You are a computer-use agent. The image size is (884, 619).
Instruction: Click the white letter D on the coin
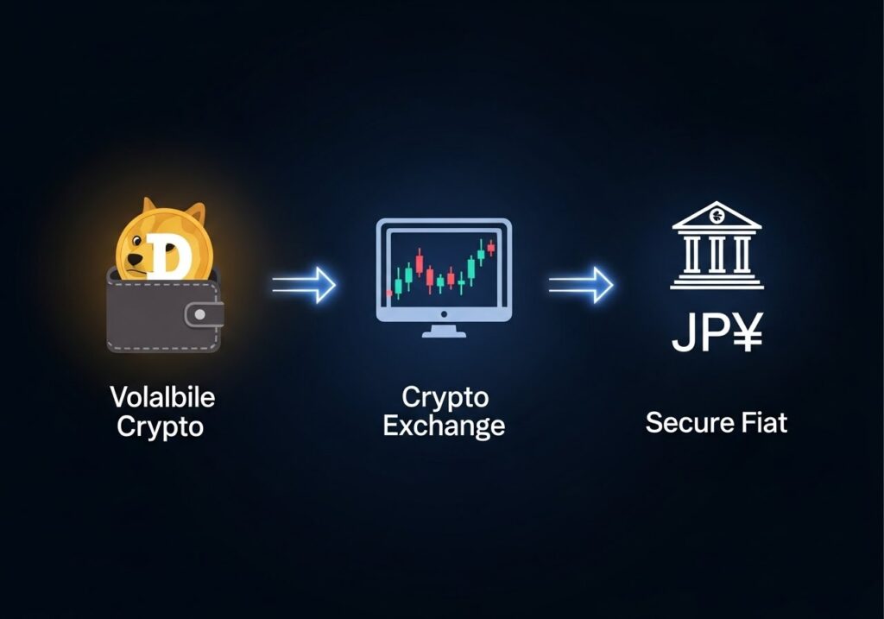pyautogui.click(x=167, y=256)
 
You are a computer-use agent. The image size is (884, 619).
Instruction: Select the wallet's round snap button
pyautogui.click(x=199, y=315)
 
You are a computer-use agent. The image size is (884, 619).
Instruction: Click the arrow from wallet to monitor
pyautogui.click(x=304, y=284)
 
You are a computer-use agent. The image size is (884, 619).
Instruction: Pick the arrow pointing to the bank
pyautogui.click(x=581, y=284)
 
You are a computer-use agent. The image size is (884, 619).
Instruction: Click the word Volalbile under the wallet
pyautogui.click(x=162, y=397)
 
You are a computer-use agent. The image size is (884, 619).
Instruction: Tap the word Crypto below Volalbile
pyautogui.click(x=160, y=426)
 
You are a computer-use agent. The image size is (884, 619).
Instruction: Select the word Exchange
pyautogui.click(x=444, y=426)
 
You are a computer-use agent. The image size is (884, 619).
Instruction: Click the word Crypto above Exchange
pyautogui.click(x=445, y=397)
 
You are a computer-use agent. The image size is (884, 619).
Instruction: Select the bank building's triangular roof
pyautogui.click(x=717, y=215)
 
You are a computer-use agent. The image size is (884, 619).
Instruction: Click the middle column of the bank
pyautogui.click(x=717, y=255)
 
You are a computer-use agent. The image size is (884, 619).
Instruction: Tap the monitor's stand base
pyautogui.click(x=444, y=334)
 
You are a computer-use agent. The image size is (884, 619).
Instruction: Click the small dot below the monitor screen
pyautogui.click(x=444, y=314)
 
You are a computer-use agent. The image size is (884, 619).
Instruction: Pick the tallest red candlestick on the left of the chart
pyautogui.click(x=419, y=262)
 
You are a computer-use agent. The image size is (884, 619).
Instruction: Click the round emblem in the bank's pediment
pyautogui.click(x=717, y=214)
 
